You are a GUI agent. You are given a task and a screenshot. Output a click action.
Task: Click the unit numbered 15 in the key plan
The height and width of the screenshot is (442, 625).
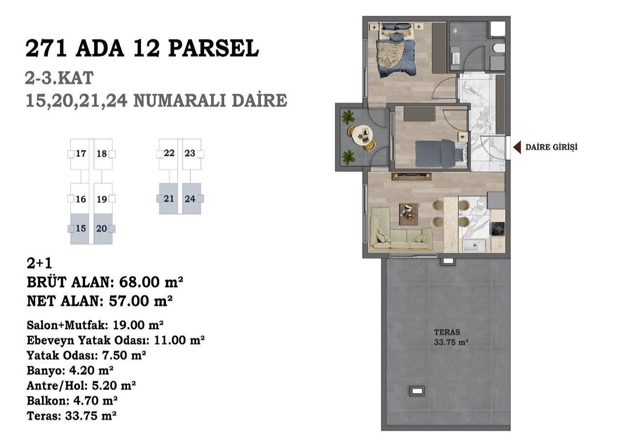click(81, 229)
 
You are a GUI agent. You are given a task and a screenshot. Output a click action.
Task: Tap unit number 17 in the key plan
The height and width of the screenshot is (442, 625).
click(81, 153)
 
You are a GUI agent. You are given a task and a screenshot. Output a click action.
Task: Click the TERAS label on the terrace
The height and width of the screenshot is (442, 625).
click(447, 332)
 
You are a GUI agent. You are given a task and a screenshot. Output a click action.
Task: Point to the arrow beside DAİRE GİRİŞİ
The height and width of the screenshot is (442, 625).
click(517, 147)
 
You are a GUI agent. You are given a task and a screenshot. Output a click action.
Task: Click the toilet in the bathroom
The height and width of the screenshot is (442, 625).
click(499, 48)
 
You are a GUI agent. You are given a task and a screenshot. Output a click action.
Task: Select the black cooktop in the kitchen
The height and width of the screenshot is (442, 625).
click(498, 229)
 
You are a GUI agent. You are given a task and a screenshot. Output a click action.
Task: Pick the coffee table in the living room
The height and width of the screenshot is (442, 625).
click(409, 214)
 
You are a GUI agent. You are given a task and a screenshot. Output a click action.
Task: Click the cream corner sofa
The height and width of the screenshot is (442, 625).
click(401, 232)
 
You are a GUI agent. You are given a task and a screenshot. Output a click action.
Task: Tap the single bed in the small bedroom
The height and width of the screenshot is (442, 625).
click(441, 154)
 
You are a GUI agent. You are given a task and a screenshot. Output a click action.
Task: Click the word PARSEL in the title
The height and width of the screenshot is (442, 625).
click(213, 48)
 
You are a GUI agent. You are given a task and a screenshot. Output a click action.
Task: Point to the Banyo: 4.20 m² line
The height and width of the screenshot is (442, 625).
click(70, 371)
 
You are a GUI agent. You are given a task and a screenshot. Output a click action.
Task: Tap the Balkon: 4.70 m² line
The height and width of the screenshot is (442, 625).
click(72, 400)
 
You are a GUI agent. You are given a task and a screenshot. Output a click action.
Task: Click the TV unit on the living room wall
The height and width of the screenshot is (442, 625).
click(412, 176)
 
